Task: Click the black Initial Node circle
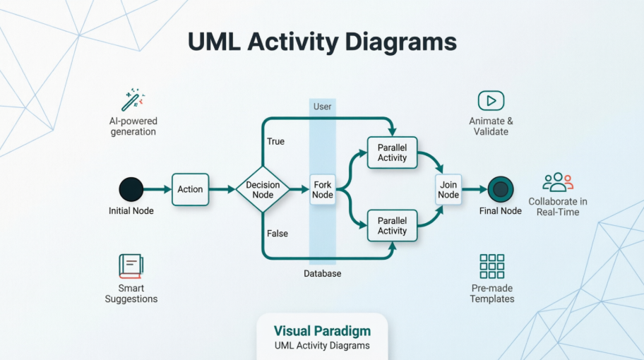coord(131,189)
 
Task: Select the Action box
coord(190,189)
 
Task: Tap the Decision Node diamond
coord(263,189)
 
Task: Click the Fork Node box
coord(322,189)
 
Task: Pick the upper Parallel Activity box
coord(392,153)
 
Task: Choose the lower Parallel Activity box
coord(392,225)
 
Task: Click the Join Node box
coord(448,189)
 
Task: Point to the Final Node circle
coord(501,189)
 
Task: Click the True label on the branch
coord(275,141)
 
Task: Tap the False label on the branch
coord(277,234)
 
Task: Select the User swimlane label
coord(322,107)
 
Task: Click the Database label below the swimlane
coord(322,273)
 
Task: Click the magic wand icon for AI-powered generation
coord(132,100)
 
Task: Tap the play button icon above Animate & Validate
coord(491,100)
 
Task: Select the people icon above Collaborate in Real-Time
coord(557,182)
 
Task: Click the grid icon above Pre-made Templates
coord(491,266)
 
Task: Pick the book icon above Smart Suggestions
coord(131,266)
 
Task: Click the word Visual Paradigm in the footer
coord(321,331)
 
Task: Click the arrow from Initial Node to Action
coord(157,189)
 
